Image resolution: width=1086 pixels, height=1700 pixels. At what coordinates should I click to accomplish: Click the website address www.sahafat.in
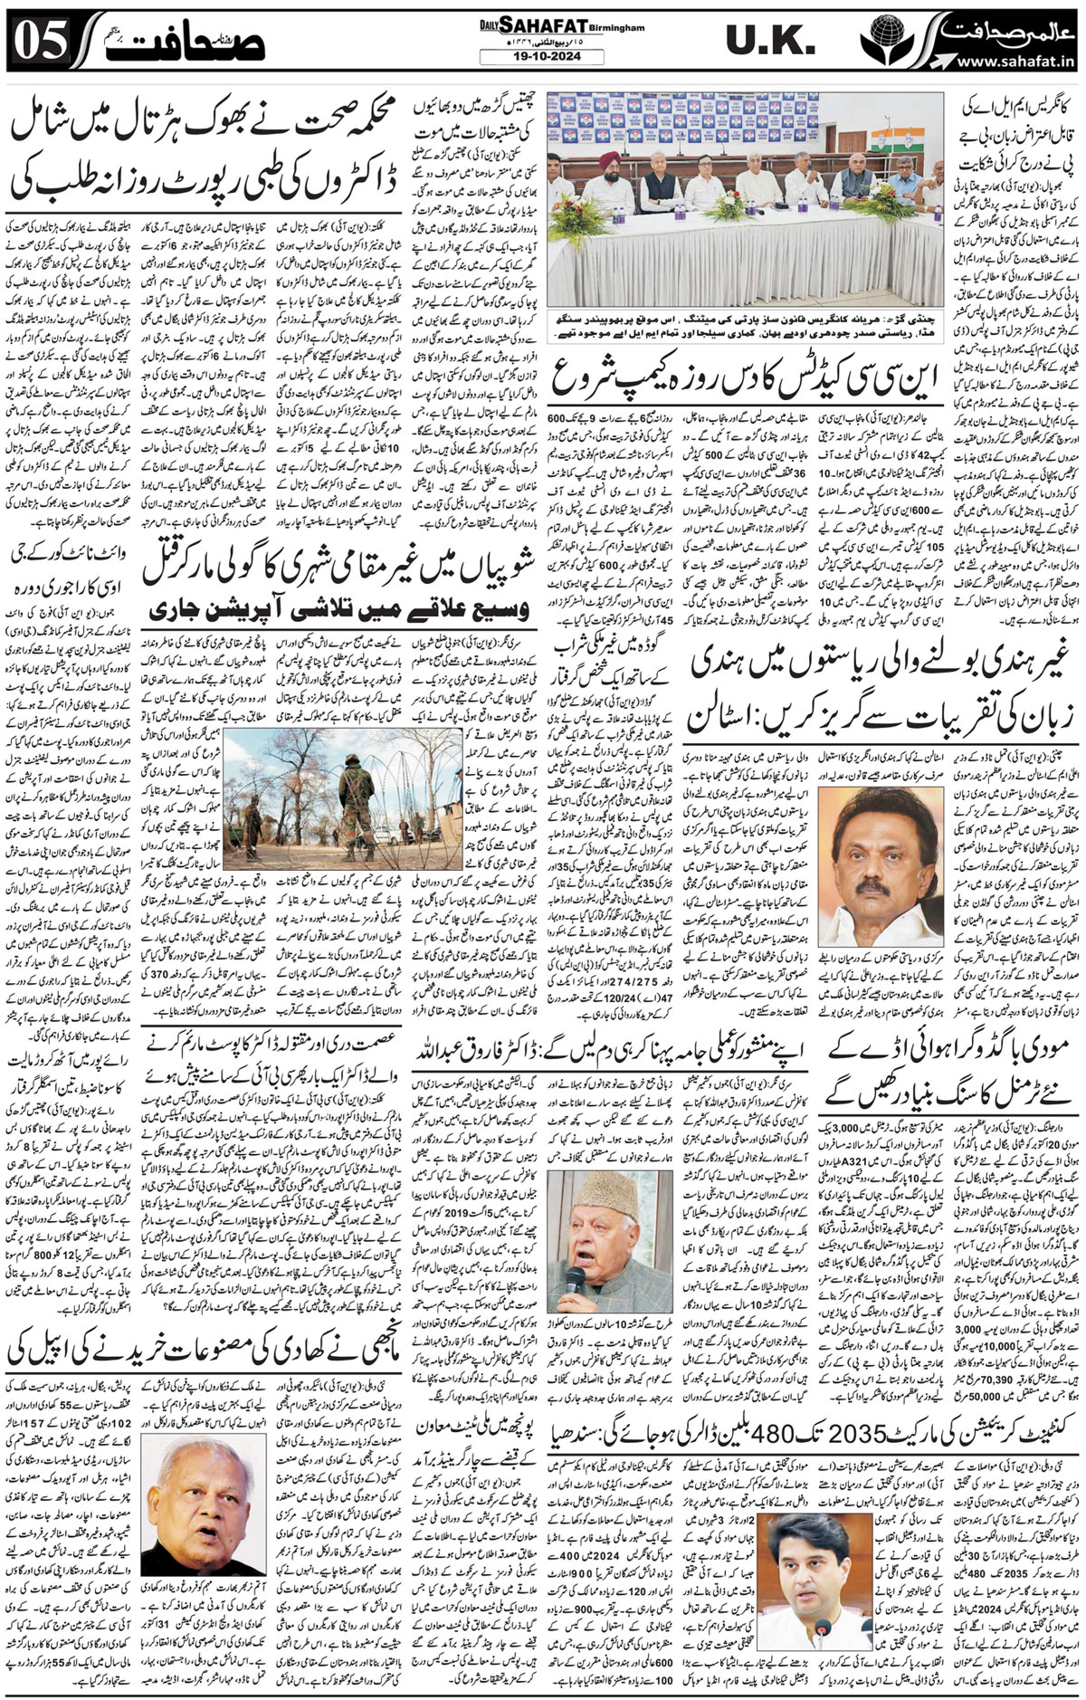[1004, 62]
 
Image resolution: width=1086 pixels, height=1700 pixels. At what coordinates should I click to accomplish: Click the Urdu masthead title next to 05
[176, 42]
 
